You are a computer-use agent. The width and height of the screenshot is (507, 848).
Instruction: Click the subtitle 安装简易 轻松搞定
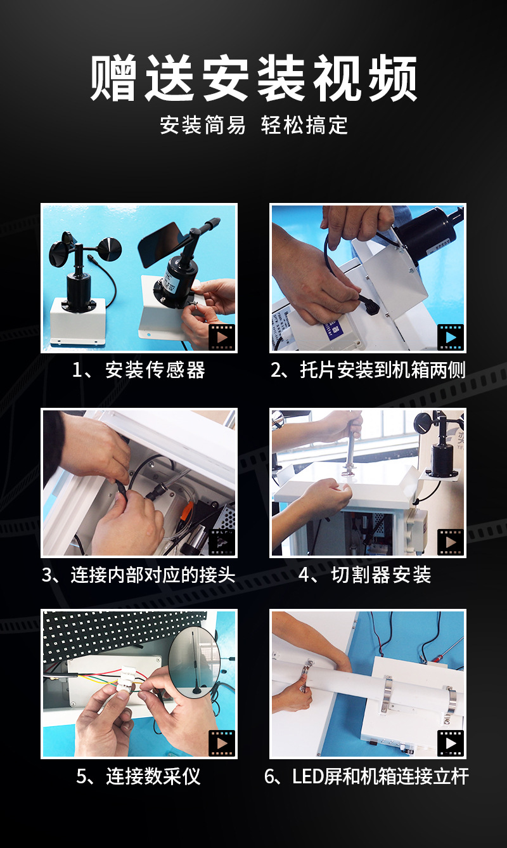253,124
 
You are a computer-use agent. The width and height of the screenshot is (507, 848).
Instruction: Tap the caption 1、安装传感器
139,370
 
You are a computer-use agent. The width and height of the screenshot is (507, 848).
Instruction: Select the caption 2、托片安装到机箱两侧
368,370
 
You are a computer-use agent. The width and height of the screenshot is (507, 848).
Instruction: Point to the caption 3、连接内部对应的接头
139,575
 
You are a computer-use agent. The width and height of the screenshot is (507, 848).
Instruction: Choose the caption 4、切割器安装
365,575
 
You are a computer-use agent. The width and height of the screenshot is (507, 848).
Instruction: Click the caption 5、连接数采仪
139,776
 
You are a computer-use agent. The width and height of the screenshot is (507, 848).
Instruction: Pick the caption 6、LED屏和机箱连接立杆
366,776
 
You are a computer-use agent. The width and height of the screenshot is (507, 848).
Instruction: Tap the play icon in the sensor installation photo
222,337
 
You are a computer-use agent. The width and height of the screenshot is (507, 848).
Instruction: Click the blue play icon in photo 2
450,337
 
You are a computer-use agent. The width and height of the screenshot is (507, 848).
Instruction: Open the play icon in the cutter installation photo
450,542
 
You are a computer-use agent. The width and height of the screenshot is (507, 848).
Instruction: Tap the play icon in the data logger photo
222,743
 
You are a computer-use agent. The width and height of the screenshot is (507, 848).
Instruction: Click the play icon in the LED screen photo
450,743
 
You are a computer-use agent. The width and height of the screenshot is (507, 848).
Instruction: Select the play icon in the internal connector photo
222,542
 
